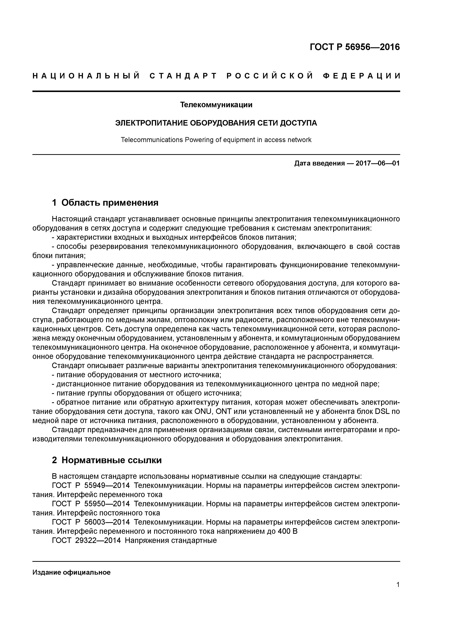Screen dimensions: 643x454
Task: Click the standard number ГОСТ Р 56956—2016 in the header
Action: point(355,47)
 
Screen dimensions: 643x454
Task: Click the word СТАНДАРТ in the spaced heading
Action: point(183,76)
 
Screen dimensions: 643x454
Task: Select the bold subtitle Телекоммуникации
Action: point(216,105)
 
